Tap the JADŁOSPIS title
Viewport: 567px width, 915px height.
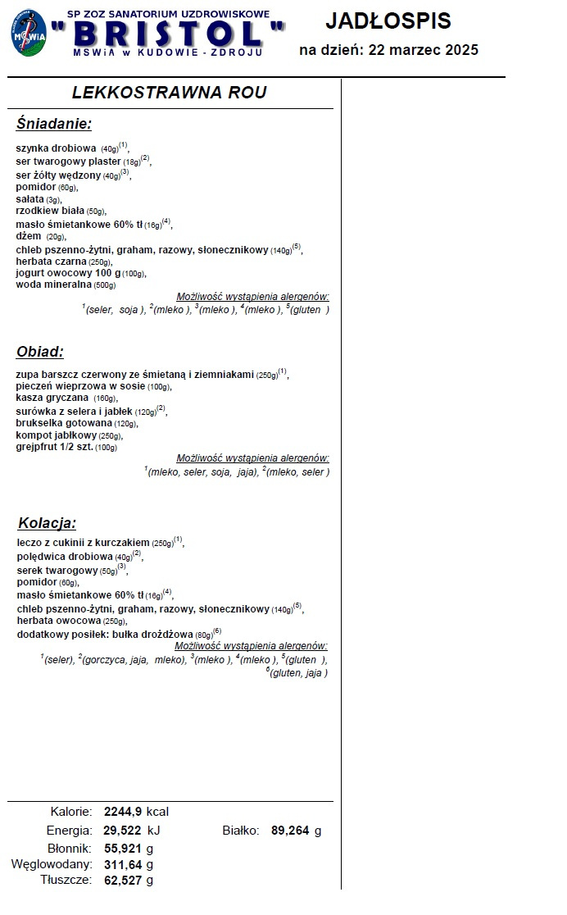388,20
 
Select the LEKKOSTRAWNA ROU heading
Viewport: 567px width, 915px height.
170,93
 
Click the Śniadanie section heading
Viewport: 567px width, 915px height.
53,124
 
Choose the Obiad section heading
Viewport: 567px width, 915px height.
40,352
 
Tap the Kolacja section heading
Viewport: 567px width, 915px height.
47,523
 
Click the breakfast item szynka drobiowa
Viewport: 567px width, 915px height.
56,148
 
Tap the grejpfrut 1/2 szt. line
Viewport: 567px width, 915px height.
55,447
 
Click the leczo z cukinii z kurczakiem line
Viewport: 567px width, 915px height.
84,543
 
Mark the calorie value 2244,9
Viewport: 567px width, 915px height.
123,812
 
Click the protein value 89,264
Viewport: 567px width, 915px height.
290,831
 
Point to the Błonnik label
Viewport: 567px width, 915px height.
69,848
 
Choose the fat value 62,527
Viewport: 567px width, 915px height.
123,881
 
